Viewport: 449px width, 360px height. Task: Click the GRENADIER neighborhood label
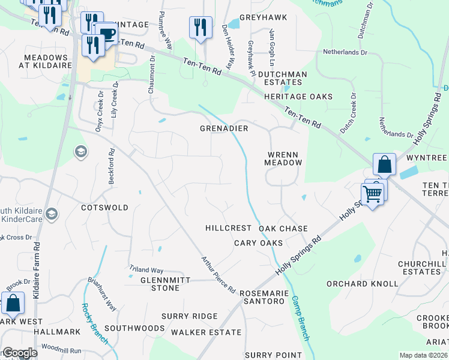(224, 128)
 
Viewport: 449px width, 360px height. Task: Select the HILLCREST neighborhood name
(228, 229)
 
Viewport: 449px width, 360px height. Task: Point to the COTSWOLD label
(104, 208)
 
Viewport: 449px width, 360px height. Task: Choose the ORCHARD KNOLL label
(362, 283)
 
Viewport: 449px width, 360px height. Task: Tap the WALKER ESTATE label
(206, 332)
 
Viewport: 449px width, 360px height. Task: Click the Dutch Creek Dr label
(348, 112)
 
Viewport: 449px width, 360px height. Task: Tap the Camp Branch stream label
(300, 318)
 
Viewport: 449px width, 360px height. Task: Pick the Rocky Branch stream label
(94, 324)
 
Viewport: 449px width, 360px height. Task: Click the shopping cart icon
(372, 194)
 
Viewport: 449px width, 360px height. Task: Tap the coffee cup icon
(106, 34)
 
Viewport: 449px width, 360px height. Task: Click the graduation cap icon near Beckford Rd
(80, 152)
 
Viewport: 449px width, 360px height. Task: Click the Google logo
(19, 353)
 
